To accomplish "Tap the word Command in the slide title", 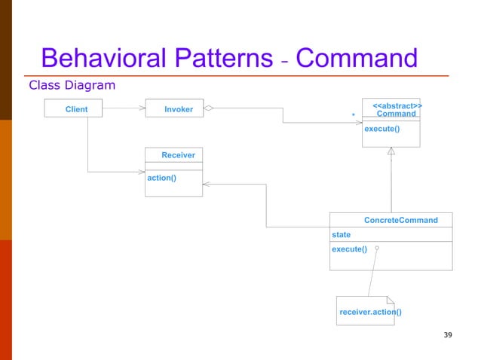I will point(357,58).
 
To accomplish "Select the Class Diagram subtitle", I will point(72,85).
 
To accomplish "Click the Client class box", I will point(76,109).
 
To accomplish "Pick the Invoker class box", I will point(178,109).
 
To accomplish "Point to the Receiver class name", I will point(178,154).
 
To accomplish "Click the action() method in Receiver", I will point(162,178).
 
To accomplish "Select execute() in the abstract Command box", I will point(381,129).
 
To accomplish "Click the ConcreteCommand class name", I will point(400,220).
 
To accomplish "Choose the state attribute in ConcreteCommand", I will point(342,235).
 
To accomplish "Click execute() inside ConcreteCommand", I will point(349,249).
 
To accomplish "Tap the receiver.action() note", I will point(370,312).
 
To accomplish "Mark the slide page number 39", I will point(448,334).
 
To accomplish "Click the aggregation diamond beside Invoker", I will point(209,108).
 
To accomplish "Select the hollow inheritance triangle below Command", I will point(391,151).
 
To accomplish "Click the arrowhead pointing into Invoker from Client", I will point(141,108).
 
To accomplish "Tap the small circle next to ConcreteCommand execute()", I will point(376,248).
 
